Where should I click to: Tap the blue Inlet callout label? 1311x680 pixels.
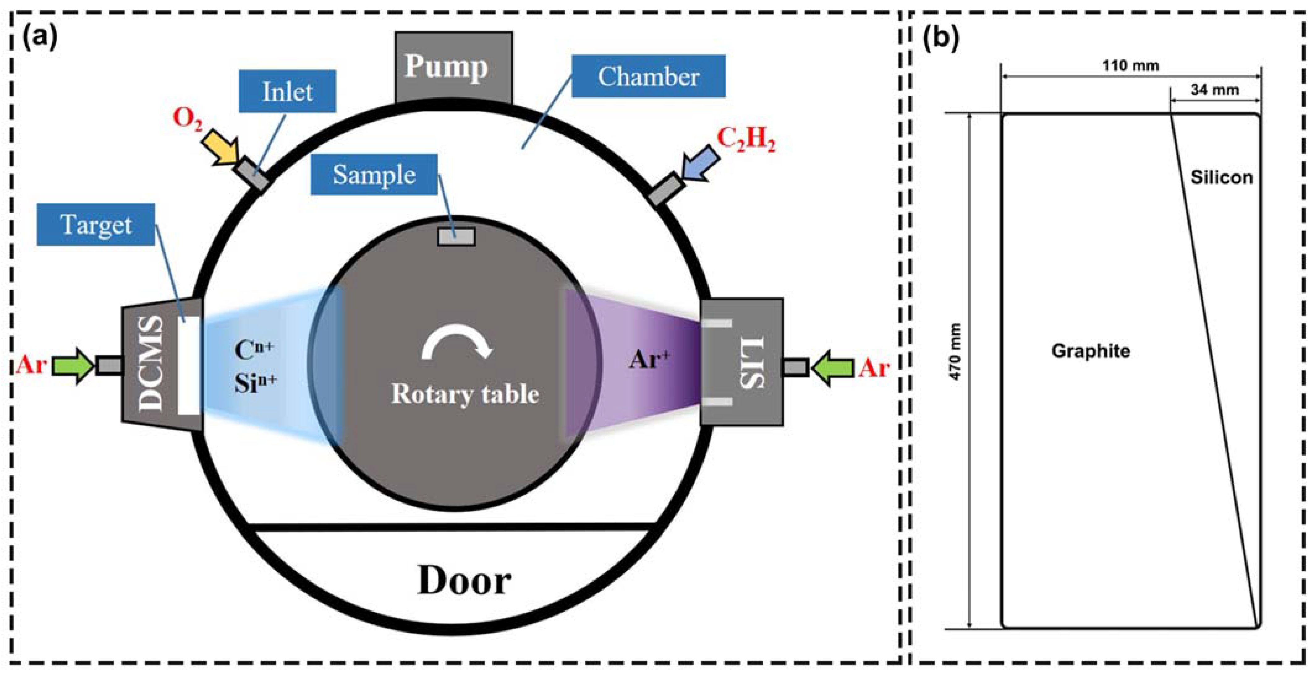287,91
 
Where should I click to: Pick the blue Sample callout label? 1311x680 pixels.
374,175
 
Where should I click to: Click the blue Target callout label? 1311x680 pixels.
96,224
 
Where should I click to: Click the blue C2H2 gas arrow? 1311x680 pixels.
701,162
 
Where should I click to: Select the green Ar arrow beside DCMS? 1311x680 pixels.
74,365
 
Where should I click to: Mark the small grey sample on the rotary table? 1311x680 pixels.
456,237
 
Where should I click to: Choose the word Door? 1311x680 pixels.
464,580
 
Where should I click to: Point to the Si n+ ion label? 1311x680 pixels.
256,383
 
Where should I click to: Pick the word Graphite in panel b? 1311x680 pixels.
1091,351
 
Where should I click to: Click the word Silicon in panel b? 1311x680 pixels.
1221,178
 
